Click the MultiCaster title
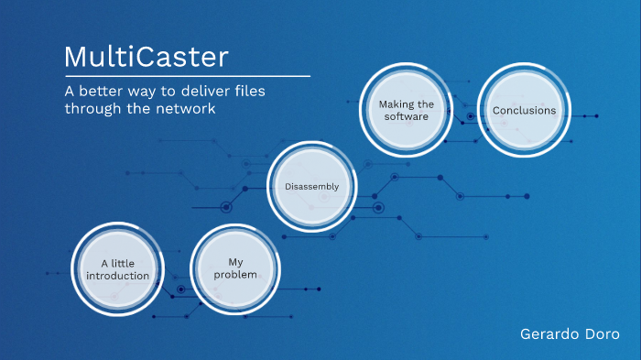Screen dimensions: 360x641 pos(146,57)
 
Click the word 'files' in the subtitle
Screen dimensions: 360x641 pos(258,92)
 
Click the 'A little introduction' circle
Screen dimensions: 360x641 pos(117,268)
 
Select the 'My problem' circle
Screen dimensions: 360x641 pos(234,268)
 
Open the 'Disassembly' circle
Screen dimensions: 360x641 pos(313,186)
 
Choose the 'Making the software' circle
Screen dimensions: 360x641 pos(406,110)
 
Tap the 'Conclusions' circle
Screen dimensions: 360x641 pos(524,110)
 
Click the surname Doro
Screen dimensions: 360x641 pos(601,334)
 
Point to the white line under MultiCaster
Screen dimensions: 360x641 pos(187,75)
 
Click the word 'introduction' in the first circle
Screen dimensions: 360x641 pos(125,276)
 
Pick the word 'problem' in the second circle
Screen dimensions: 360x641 pos(234,275)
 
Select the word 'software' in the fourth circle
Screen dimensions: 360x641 pos(406,116)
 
